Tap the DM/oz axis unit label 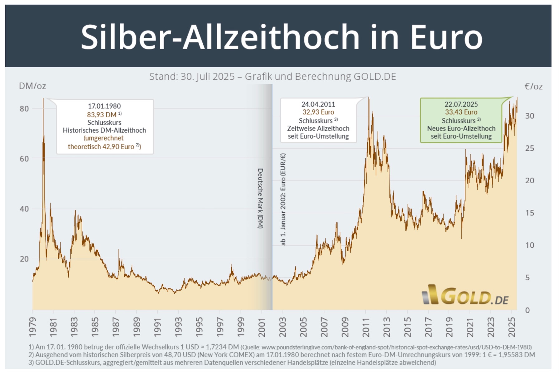32,86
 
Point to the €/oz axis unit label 533,86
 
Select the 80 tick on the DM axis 24,109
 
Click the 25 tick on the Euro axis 529,148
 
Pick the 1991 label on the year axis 157,327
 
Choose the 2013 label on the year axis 387,327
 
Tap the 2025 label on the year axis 512,327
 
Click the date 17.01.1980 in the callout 104,106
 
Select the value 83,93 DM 102,115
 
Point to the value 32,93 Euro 318,112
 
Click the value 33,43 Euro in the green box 461,112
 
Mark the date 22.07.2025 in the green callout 461,104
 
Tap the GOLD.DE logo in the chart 465,295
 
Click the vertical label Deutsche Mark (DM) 260,199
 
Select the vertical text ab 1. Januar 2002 283,199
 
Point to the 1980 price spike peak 43,99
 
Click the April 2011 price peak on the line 369,98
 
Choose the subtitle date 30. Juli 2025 207,77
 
